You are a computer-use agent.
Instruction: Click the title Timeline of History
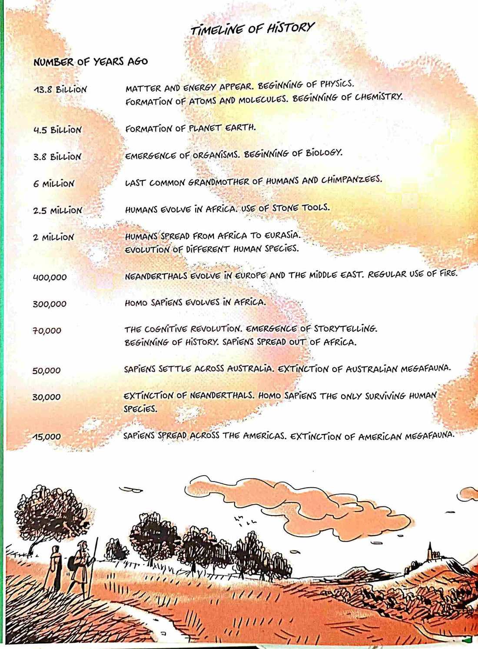pyautogui.click(x=252, y=29)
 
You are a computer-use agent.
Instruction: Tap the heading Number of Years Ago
pyautogui.click(x=90, y=62)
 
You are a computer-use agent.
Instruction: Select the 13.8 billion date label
pyautogui.click(x=60, y=90)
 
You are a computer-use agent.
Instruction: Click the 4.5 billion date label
pyautogui.click(x=57, y=130)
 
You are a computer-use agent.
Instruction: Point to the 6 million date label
pyautogui.click(x=53, y=184)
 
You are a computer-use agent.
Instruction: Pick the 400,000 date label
pyautogui.click(x=50, y=277)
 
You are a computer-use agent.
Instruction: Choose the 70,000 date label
pyautogui.click(x=46, y=331)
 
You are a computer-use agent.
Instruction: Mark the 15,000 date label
pyautogui.click(x=46, y=437)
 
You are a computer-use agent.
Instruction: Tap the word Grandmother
pyautogui.click(x=219, y=182)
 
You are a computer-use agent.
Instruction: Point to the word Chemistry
pyautogui.click(x=378, y=97)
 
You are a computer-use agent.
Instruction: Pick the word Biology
pyautogui.click(x=324, y=153)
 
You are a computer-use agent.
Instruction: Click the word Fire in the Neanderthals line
pyautogui.click(x=448, y=273)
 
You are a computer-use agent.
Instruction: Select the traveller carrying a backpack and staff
pyautogui.click(x=81, y=565)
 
